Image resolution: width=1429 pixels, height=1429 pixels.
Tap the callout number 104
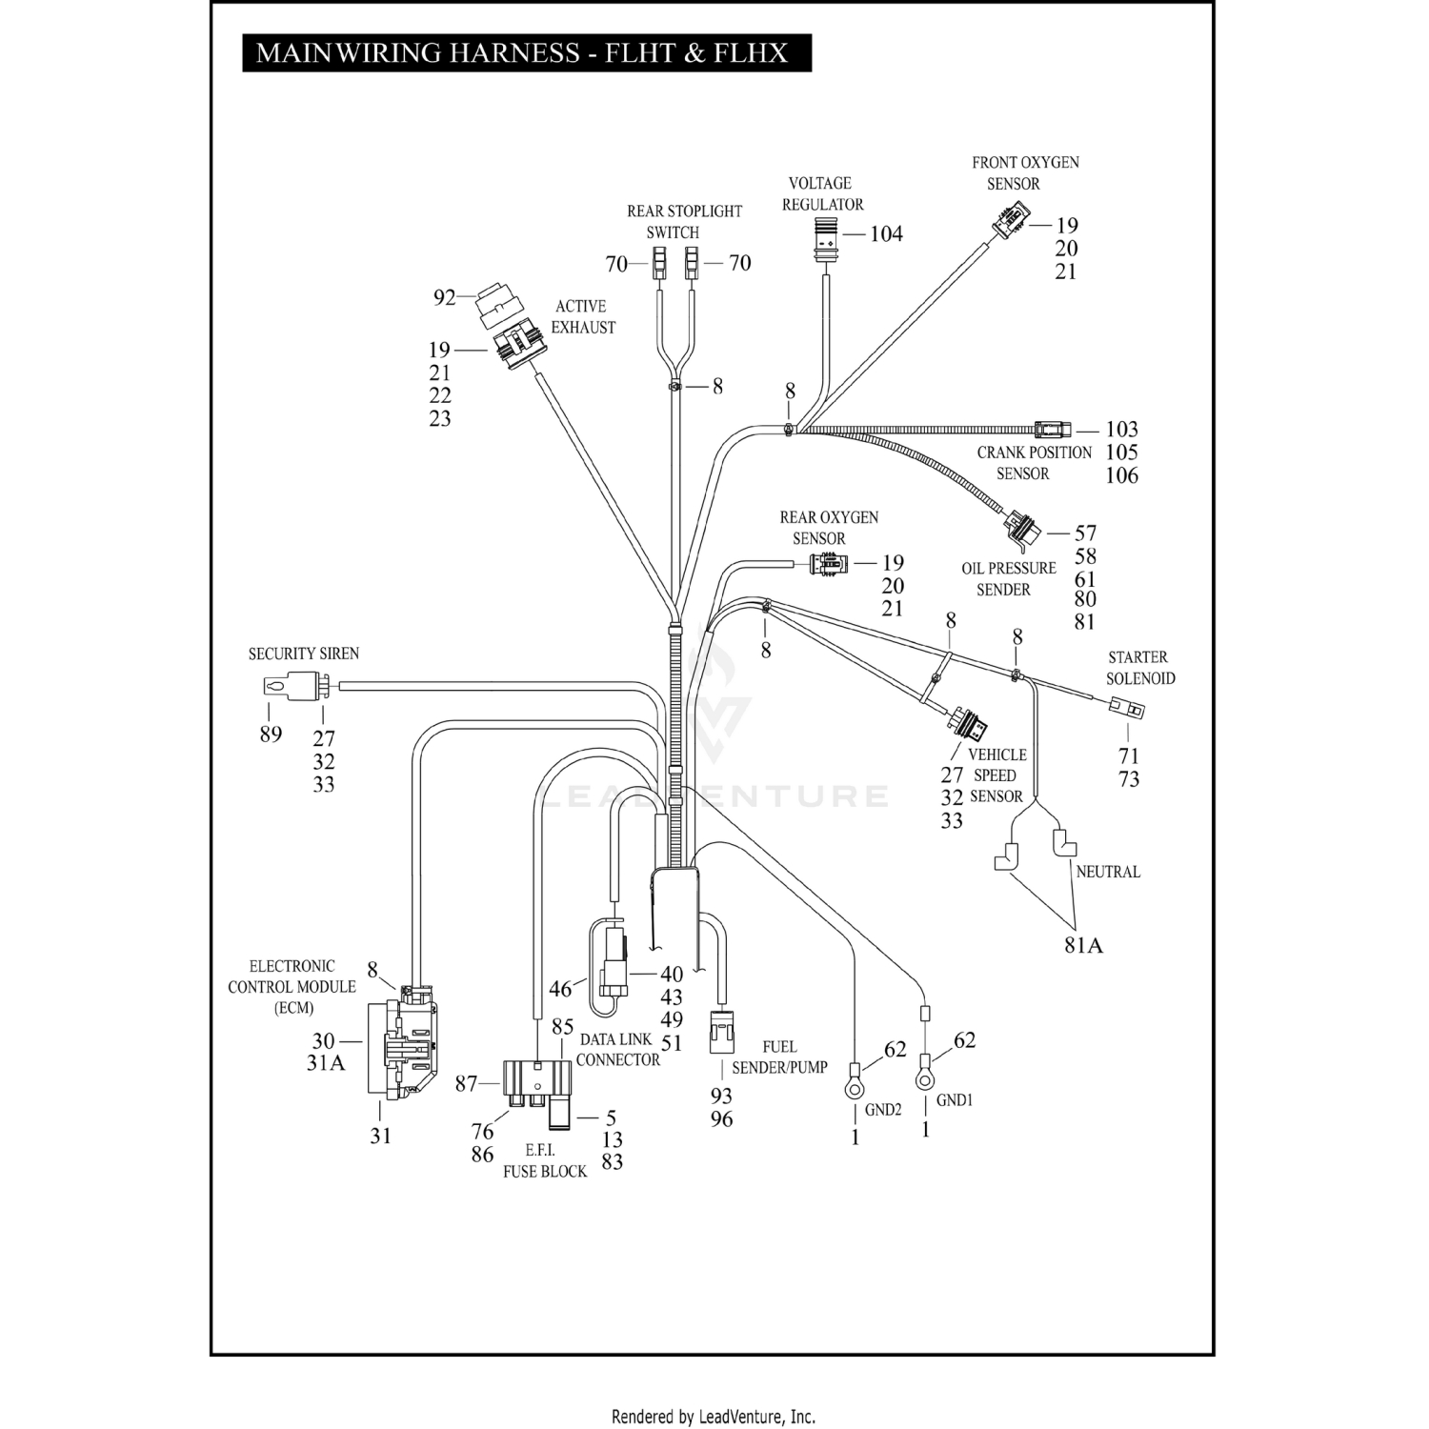click(886, 234)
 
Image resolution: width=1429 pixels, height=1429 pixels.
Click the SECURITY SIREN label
click(304, 654)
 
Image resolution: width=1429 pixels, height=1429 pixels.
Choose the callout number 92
click(444, 298)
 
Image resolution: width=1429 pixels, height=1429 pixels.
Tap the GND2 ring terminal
click(855, 1085)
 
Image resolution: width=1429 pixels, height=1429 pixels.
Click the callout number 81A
click(1083, 945)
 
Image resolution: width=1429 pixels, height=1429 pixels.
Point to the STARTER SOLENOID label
click(1139, 668)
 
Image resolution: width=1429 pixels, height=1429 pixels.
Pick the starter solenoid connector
click(1126, 708)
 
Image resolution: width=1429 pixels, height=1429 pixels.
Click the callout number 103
click(1121, 430)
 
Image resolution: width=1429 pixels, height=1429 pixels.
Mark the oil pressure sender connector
click(1019, 530)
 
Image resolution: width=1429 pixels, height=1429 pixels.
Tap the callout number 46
click(560, 989)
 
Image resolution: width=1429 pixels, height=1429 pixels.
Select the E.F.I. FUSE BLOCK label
click(545, 1161)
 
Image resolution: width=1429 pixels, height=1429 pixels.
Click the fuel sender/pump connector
click(721, 1032)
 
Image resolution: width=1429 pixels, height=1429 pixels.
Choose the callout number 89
click(271, 735)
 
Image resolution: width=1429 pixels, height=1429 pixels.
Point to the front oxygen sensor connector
click(1010, 223)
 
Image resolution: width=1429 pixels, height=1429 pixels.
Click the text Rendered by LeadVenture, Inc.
click(713, 1417)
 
